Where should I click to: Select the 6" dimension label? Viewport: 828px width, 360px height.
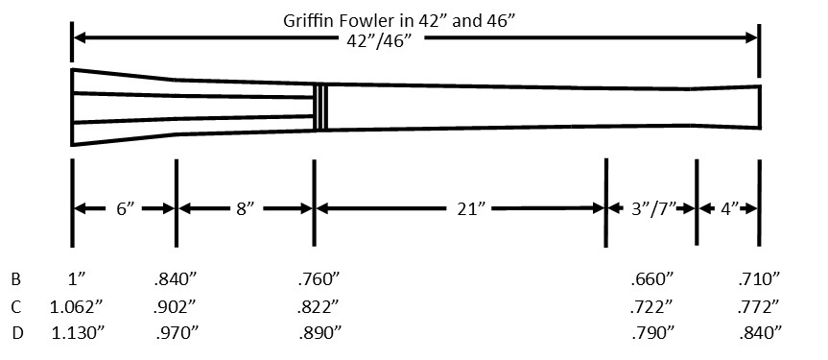tap(125, 209)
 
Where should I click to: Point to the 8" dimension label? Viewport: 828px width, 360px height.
tap(245, 209)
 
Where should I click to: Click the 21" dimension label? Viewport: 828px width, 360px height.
tap(470, 209)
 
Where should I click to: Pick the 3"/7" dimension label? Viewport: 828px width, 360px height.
tap(653, 209)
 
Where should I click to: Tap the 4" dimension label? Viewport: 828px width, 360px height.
tap(730, 209)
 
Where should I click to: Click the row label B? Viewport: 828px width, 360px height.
tap(16, 278)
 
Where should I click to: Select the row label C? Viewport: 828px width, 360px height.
tap(16, 306)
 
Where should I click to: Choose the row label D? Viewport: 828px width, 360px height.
tap(17, 333)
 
